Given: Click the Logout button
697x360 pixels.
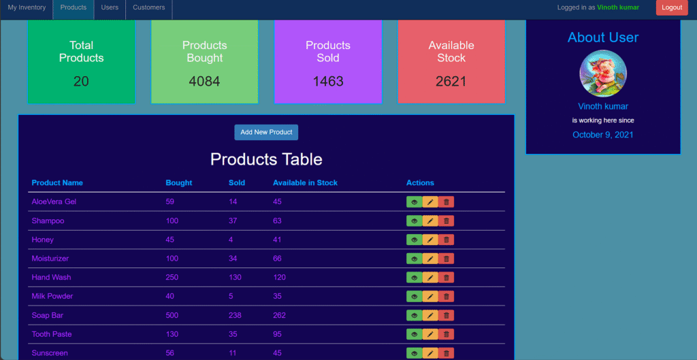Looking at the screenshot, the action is point(672,7).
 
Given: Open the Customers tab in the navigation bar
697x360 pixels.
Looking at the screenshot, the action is point(149,7).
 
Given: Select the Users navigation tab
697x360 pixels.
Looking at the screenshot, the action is point(110,7).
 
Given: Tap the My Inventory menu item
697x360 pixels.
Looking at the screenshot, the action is point(27,7).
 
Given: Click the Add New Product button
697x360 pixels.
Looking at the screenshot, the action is point(266,133).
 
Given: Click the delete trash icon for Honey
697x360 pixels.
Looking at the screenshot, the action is point(447,240).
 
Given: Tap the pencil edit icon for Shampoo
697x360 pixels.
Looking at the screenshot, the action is point(430,221).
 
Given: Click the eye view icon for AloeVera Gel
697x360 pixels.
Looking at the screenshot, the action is point(415,202).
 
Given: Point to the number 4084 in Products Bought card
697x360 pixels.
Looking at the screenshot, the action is point(204,82).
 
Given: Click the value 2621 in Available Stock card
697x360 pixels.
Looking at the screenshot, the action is point(451,82).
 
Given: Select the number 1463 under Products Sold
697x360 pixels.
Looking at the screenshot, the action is point(328,82).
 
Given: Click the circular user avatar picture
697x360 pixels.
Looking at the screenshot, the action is point(603,73).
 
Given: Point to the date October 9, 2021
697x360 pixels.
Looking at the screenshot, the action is point(603,135).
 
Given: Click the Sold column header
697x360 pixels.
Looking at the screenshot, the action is point(237,182).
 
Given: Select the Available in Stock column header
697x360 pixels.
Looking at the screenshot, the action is point(306,182).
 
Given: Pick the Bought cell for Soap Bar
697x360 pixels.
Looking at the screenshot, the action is point(172,316).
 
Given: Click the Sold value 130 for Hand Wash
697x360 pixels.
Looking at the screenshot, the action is point(235,278).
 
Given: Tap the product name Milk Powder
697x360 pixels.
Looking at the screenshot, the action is point(52,297).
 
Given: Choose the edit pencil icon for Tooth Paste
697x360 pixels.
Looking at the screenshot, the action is point(430,334).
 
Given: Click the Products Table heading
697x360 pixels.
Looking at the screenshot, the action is point(266,159).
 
